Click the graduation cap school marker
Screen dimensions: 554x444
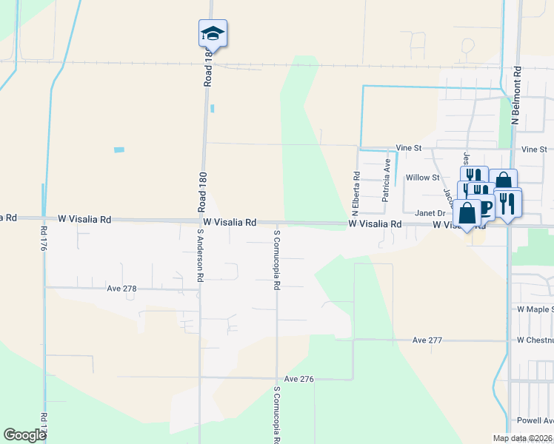pos(213,33)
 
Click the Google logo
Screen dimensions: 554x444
pos(24,435)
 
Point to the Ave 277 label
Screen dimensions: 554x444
pos(427,340)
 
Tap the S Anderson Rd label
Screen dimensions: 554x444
pos(200,255)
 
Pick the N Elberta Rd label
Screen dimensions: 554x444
pos(357,186)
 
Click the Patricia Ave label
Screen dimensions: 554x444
pos(386,184)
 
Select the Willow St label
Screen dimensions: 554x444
pos(423,178)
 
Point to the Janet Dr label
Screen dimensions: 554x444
pos(429,212)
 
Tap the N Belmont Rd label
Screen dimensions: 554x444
pos(517,95)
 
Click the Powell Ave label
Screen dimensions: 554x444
pos(535,420)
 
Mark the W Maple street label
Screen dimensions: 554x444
pos(535,309)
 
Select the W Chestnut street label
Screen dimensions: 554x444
pos(535,340)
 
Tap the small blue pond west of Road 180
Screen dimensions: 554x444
pos(119,150)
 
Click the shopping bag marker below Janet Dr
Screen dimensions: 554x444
pos(467,214)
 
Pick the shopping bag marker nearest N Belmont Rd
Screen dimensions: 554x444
pos(503,181)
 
